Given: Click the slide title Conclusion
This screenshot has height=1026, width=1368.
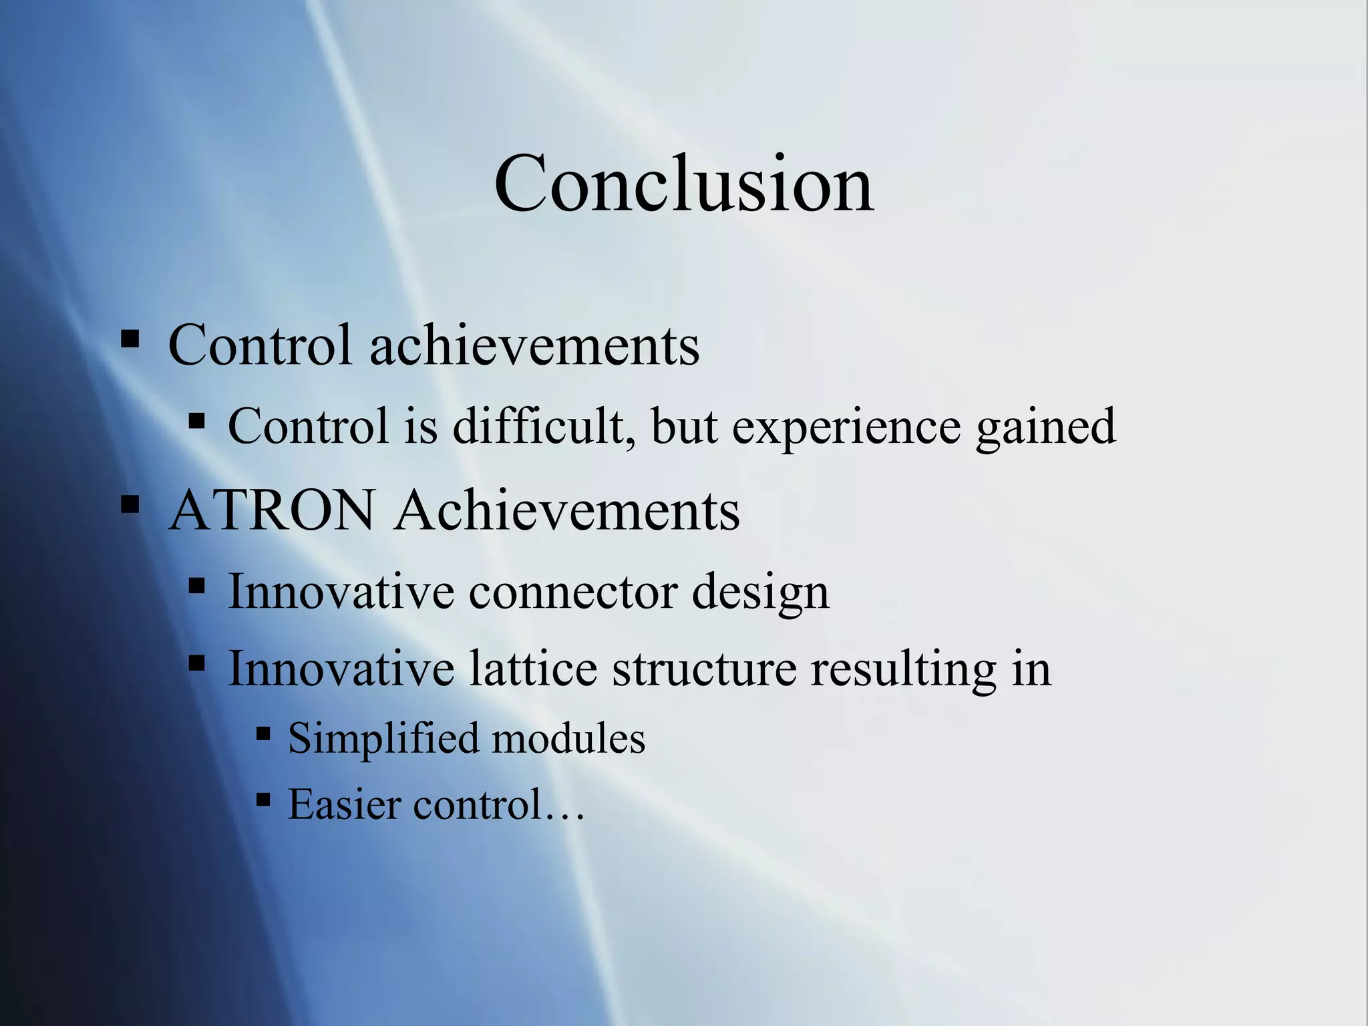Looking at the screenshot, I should (683, 183).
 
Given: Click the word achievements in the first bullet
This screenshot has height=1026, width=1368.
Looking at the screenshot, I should (534, 345).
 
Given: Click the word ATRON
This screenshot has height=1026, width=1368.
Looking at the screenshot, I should (271, 510).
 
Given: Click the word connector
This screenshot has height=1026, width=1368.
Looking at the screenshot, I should (572, 592).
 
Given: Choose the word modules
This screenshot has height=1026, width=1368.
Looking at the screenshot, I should (568, 739).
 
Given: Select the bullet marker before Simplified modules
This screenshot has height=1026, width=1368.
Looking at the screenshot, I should (263, 735).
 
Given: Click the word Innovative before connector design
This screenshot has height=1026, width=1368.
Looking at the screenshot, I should (341, 592).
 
